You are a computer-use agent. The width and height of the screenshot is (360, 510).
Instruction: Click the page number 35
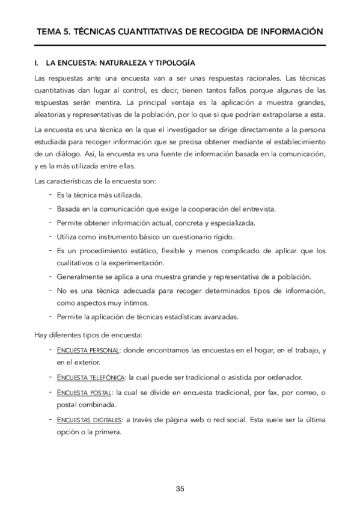click(180, 488)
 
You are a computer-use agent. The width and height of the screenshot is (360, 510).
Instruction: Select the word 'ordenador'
click(282, 377)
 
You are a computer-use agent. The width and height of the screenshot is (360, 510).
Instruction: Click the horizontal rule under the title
click(180, 45)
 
